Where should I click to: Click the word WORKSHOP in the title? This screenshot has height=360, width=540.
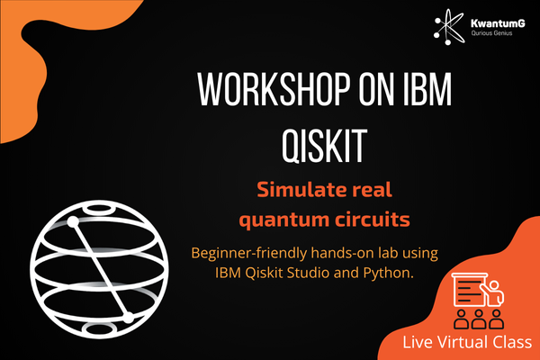point(274,89)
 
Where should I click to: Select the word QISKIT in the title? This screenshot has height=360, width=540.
point(324,146)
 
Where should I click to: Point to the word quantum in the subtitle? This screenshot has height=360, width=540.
point(283,220)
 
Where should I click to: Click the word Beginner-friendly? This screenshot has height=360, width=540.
point(249,254)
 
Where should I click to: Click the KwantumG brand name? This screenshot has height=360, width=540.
point(498,23)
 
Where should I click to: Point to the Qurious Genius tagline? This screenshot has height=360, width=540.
point(491,33)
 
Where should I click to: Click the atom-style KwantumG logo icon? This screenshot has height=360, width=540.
point(449,26)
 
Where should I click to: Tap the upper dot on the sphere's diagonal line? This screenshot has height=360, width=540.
point(73,222)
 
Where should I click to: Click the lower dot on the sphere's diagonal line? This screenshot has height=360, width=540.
point(128,318)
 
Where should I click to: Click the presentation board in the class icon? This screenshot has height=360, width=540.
point(469,290)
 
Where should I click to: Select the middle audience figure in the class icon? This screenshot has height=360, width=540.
point(479,319)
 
